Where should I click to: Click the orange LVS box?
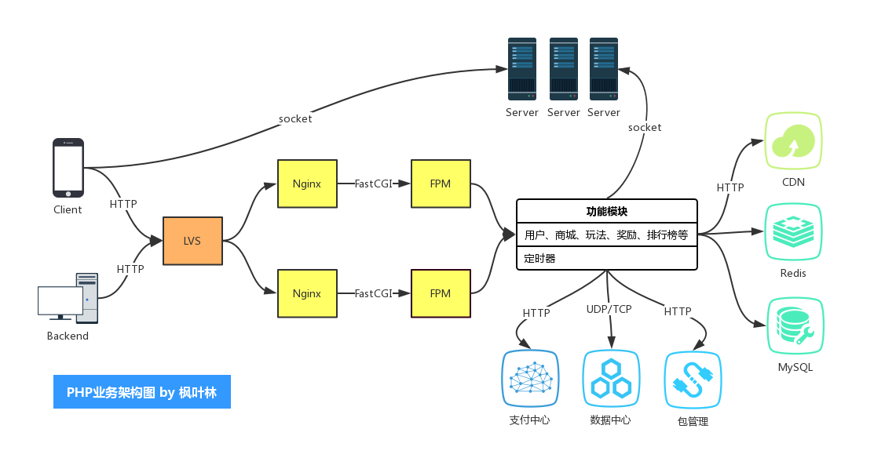pyautogui.click(x=192, y=241)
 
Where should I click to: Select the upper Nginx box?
pyautogui.click(x=307, y=184)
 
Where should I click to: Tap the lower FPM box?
pyautogui.click(x=441, y=293)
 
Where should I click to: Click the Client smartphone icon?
pyautogui.click(x=68, y=168)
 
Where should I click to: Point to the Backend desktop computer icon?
pyautogui.click(x=68, y=297)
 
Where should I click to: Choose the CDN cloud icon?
pyautogui.click(x=793, y=141)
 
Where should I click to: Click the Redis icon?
pyautogui.click(x=793, y=232)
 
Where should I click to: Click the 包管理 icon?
pyautogui.click(x=693, y=380)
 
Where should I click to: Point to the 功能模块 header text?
pyautogui.click(x=607, y=211)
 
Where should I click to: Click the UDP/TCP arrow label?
pyautogui.click(x=609, y=309)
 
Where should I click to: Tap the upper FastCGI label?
pyautogui.click(x=374, y=184)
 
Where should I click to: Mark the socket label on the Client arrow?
pyautogui.click(x=295, y=119)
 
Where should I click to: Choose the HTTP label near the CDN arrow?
pyautogui.click(x=730, y=187)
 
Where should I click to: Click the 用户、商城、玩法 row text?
pyautogui.click(x=607, y=234)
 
